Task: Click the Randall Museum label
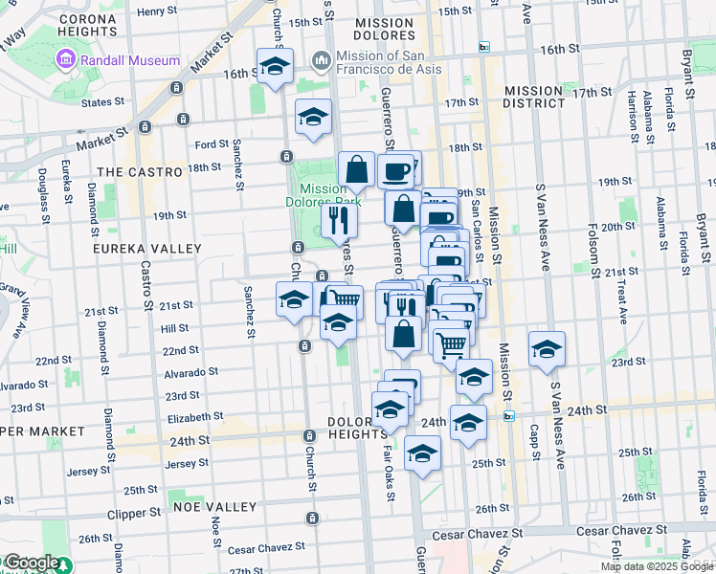point(130,60)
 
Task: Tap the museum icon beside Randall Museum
point(66,60)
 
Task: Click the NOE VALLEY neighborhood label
point(214,506)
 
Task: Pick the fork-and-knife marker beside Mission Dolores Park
point(337,220)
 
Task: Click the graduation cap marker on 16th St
point(275,66)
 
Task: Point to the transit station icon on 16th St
point(484,47)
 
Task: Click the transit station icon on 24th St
point(510,415)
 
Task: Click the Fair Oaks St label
point(390,473)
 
